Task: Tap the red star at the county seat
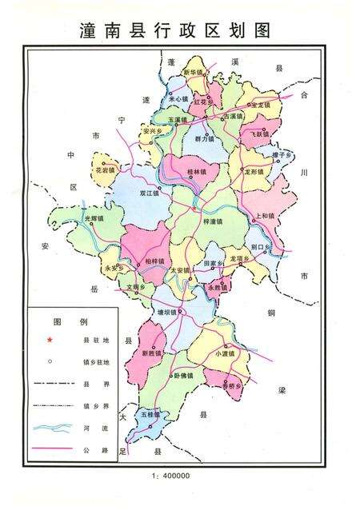pyautogui.click(x=193, y=210)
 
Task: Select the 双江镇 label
pyautogui.click(x=149, y=193)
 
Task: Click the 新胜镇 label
pyautogui.click(x=150, y=353)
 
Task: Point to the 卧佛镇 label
pyautogui.click(x=184, y=376)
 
